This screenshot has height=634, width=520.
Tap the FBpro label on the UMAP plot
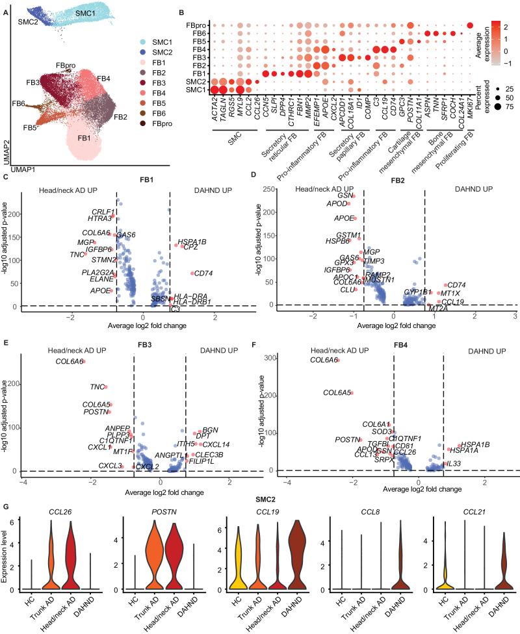point(66,66)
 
